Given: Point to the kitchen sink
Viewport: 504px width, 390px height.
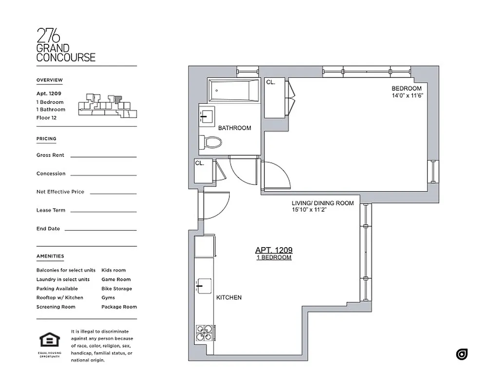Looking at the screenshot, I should click(x=203, y=285).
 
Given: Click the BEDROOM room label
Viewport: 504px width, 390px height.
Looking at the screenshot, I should click(x=406, y=88).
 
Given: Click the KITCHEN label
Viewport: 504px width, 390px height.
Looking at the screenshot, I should click(x=229, y=297).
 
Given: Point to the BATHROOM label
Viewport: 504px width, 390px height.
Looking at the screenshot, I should click(x=235, y=128).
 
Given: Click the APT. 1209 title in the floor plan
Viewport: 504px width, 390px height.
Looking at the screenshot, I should click(x=274, y=250).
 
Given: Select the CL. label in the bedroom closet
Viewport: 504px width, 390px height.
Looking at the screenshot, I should click(x=271, y=82).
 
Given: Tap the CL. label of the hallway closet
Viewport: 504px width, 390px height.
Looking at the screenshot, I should click(x=200, y=163).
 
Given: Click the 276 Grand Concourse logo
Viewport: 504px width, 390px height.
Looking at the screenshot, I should click(x=66, y=45).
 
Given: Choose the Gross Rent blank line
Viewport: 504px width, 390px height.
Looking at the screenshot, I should click(x=103, y=156).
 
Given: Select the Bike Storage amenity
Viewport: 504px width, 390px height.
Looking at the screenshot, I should click(x=116, y=289).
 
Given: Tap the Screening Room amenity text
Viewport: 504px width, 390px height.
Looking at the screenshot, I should click(x=56, y=307).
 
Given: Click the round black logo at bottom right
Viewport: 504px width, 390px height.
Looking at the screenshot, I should click(x=462, y=354).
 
